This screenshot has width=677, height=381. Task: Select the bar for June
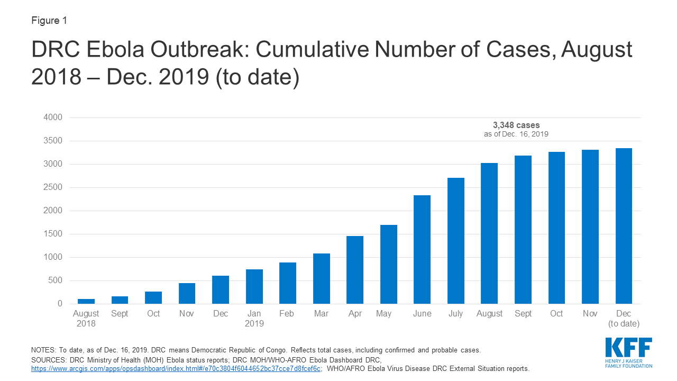(x=422, y=249)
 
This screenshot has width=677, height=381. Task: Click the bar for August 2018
(x=86, y=301)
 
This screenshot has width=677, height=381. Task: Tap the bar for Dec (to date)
(x=624, y=226)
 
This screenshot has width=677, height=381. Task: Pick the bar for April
(x=355, y=270)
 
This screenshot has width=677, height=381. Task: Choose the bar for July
(x=456, y=241)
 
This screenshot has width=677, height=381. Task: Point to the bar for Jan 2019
(x=254, y=286)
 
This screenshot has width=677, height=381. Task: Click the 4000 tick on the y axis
(x=54, y=117)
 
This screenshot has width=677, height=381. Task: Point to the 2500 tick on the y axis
(x=54, y=187)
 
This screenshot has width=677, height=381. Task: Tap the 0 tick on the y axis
(x=60, y=304)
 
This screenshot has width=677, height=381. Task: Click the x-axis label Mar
(x=321, y=314)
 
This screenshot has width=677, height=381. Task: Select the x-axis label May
(x=383, y=314)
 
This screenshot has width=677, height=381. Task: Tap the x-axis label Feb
(x=287, y=314)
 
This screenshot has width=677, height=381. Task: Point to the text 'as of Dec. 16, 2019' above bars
(x=516, y=134)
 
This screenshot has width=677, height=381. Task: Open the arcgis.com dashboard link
(x=176, y=368)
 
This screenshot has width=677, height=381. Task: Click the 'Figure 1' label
(x=49, y=21)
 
